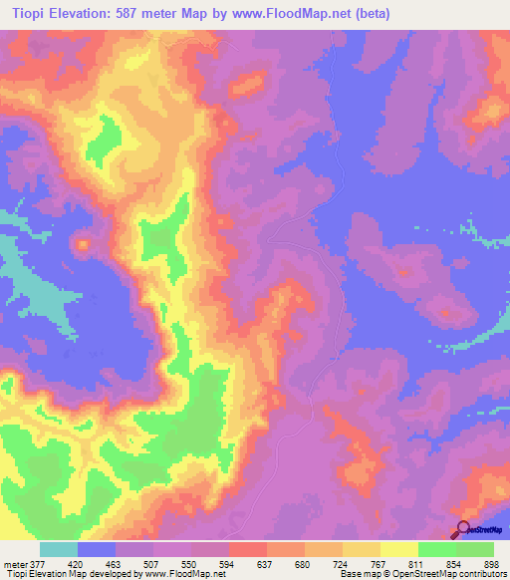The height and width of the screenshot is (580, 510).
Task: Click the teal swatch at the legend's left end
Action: click(x=59, y=550)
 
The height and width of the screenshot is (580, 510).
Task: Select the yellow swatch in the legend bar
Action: click(x=398, y=550)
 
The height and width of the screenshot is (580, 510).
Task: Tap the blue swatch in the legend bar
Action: click(x=97, y=550)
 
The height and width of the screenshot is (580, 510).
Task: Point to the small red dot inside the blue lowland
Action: click(x=82, y=242)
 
